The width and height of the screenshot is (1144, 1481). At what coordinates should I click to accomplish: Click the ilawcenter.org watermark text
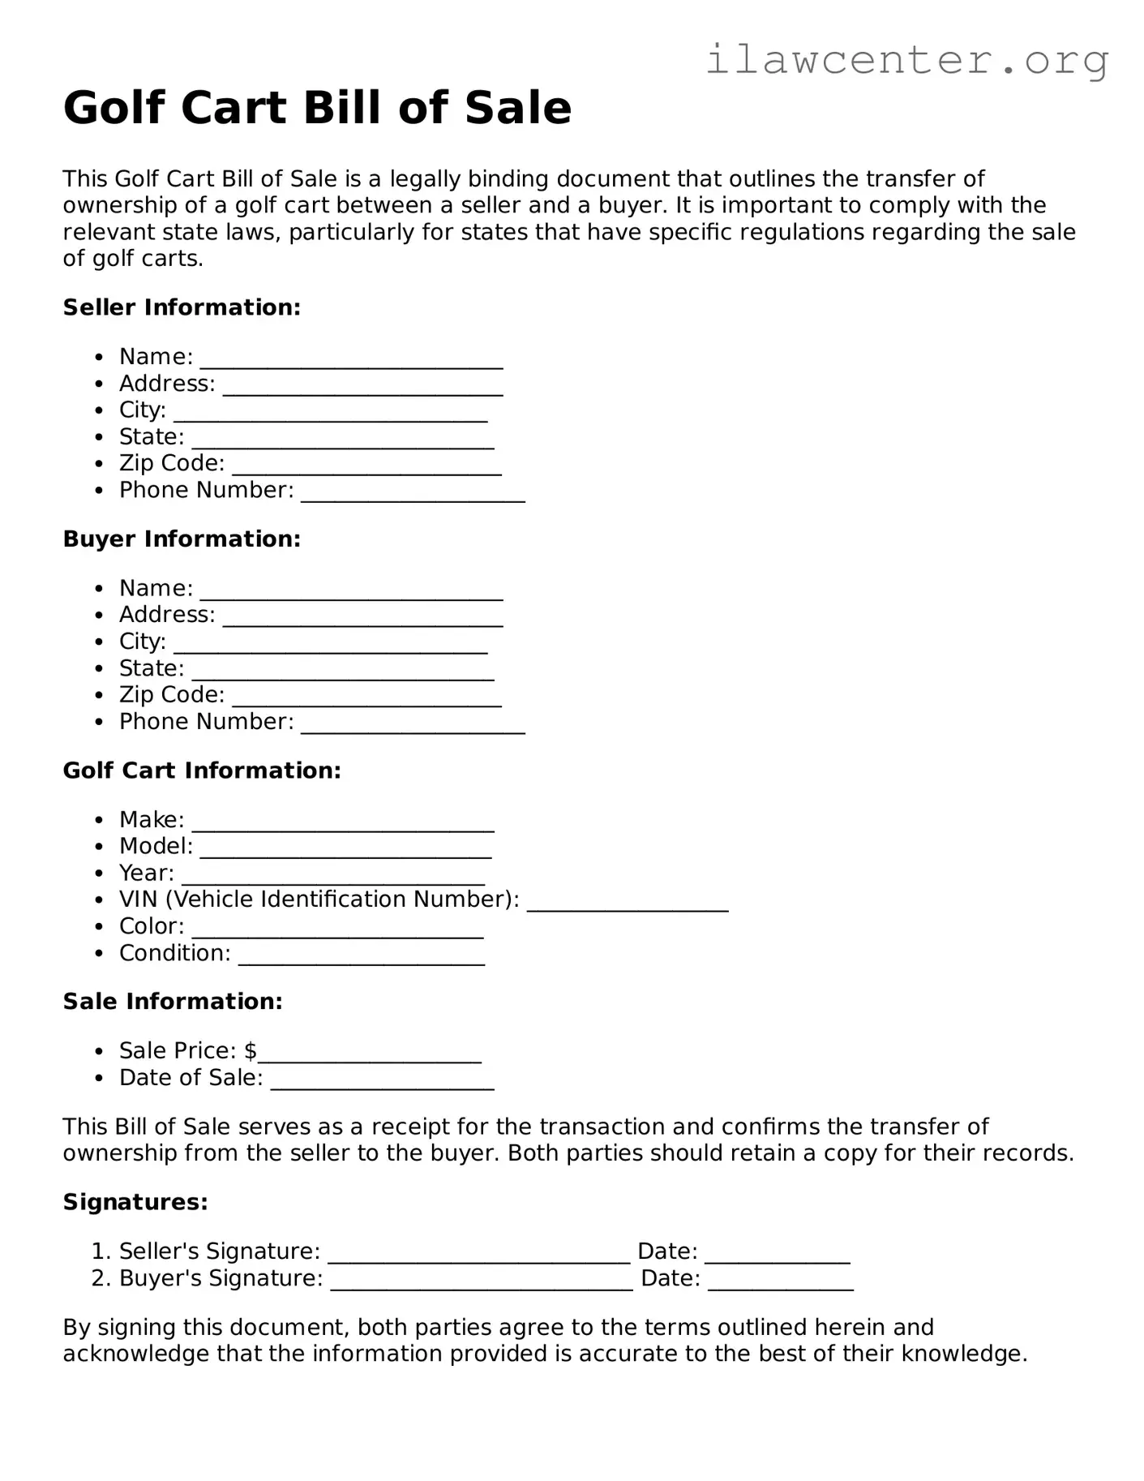(906, 59)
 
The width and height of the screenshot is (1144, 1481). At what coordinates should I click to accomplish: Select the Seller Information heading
(182, 307)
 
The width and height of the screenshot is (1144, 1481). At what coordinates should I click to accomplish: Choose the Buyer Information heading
(182, 539)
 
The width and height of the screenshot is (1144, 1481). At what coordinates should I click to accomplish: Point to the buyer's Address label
(167, 615)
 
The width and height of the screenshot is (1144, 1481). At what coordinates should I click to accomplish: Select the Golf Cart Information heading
(202, 770)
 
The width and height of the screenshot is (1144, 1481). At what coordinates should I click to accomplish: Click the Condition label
(174, 953)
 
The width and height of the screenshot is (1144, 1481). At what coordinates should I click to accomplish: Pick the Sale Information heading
(173, 1002)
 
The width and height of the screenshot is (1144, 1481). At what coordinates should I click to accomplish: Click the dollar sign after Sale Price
(251, 1051)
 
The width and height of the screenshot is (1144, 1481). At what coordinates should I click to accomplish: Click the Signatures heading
(135, 1202)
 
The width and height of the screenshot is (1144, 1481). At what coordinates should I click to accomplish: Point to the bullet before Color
(99, 926)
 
